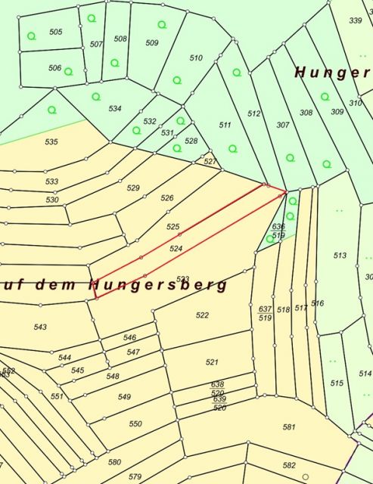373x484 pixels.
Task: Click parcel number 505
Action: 55,32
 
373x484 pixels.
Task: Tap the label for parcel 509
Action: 152,43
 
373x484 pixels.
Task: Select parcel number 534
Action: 115,109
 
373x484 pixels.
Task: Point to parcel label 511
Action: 225,125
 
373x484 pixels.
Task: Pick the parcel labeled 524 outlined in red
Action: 176,248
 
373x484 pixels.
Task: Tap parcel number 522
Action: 202,315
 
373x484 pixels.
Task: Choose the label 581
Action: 289,427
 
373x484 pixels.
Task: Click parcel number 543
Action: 40,327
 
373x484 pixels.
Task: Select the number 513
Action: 340,256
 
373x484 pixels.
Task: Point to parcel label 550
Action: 135,424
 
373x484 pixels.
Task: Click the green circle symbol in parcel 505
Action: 32,36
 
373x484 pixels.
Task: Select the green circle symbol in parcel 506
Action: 68,71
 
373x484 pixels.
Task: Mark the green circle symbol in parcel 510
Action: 177,79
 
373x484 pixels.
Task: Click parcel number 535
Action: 51,141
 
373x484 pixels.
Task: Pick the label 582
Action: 289,465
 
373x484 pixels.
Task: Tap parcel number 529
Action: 133,188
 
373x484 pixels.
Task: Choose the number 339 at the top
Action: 356,20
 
